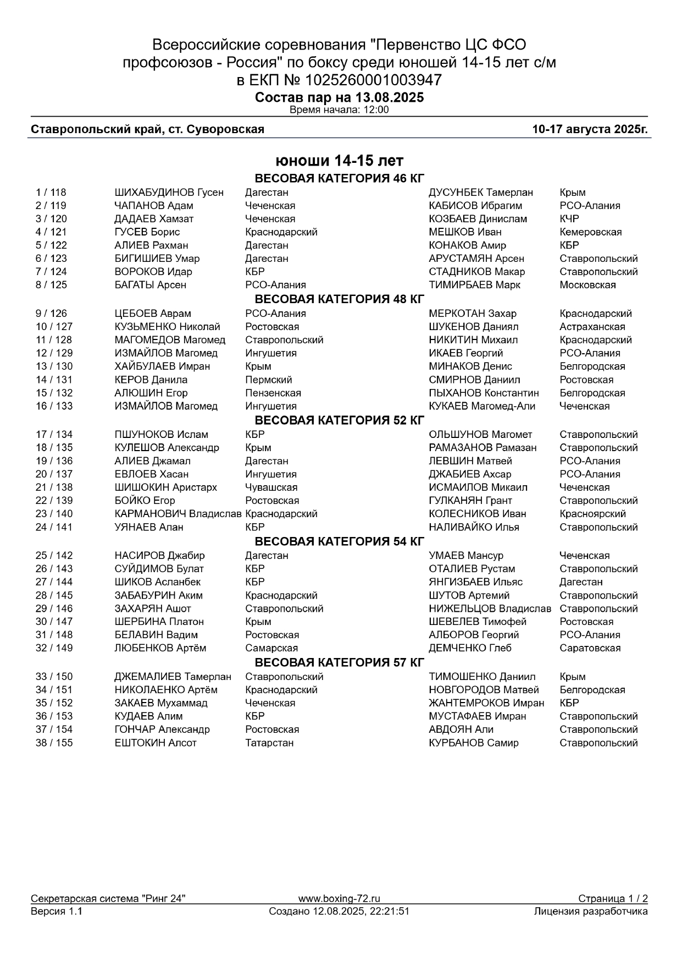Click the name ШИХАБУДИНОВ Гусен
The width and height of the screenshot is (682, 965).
[169, 193]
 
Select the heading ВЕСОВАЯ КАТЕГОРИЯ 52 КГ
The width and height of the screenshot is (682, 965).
[340, 420]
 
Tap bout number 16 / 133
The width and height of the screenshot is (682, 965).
[54, 406]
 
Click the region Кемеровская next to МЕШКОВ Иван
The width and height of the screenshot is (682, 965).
[590, 232]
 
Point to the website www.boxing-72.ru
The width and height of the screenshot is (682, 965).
[339, 898]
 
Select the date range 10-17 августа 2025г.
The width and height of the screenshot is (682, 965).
[590, 129]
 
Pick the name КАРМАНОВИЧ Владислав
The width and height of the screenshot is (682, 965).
[178, 514]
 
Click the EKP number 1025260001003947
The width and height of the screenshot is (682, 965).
[373, 80]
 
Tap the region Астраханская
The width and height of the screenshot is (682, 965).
[592, 327]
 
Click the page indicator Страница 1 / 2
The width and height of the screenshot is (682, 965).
[612, 898]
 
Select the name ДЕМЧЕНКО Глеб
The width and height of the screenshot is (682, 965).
[470, 648]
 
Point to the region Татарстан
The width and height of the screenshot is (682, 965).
[269, 743]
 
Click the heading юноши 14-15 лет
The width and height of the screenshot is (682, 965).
[340, 161]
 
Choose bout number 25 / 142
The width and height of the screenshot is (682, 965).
[54, 556]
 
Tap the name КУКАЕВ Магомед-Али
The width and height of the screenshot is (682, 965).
[482, 406]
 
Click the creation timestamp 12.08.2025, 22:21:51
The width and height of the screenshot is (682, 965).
[361, 911]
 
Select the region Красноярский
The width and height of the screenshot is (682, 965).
[592, 514]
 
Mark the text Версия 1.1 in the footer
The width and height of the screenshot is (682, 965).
[57, 911]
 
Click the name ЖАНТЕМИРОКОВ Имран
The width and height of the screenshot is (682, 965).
[486, 703]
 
